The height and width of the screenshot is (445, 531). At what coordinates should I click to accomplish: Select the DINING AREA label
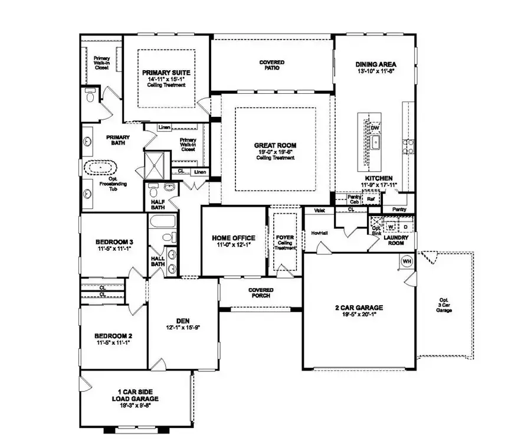[x=375, y=64]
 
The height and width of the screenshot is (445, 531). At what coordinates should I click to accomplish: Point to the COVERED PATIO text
[x=272, y=65]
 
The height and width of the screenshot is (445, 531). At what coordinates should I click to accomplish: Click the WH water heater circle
[x=407, y=261]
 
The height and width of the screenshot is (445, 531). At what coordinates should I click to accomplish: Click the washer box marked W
[x=391, y=226]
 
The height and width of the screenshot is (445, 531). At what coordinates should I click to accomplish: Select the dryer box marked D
[x=405, y=226]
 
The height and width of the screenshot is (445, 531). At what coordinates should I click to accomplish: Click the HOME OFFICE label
[x=234, y=238]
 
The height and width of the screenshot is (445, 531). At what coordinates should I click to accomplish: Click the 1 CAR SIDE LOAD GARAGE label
[x=136, y=394]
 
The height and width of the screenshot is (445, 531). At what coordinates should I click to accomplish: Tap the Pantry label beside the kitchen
[x=399, y=209]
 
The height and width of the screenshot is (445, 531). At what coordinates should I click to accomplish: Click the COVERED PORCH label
[x=260, y=292]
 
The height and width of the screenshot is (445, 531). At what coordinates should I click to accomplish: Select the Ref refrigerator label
[x=371, y=199]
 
